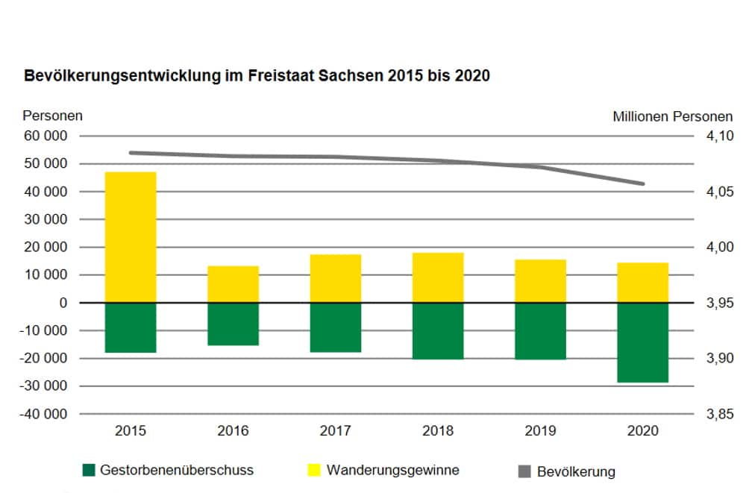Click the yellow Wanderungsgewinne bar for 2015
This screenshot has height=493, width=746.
click(x=131, y=237)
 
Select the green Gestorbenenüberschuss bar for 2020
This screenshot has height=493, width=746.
click(x=643, y=342)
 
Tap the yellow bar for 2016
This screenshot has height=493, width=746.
click(x=233, y=284)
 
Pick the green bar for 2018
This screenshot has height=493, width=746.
click(x=439, y=330)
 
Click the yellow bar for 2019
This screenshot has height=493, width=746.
click(x=541, y=281)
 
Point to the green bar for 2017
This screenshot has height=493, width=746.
click(x=336, y=327)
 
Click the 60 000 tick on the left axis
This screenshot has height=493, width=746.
click(x=46, y=136)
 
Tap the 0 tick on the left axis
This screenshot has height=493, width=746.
click(x=63, y=303)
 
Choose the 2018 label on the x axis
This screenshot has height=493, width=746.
click(x=439, y=430)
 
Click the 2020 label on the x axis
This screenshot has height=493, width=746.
click(x=643, y=430)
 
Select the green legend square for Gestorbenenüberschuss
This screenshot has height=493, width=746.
click(x=90, y=470)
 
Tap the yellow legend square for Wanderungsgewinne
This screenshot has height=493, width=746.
click(x=313, y=470)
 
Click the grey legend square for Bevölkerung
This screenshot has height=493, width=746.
click(x=524, y=471)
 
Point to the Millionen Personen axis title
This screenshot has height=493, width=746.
click(x=672, y=116)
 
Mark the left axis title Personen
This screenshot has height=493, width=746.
click(x=53, y=116)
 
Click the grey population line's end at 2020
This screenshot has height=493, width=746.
click(x=643, y=183)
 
